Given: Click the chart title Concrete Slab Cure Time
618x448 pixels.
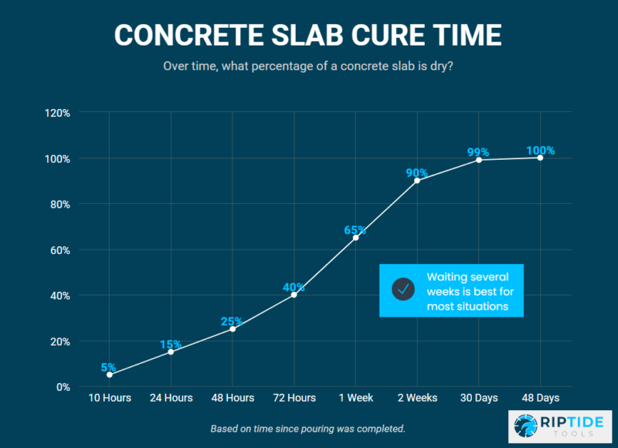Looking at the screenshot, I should click(309, 35).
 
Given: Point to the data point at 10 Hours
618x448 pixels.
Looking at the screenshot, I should click(109, 375).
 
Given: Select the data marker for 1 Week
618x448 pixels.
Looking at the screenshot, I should click(355, 238).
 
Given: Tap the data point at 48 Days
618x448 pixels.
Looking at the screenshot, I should click(540, 158).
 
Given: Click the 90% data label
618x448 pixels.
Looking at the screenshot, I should click(417, 172).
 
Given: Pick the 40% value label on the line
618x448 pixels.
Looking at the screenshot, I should click(294, 287).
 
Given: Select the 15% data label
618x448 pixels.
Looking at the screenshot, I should click(171, 344).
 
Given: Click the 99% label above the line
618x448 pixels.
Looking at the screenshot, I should click(479, 152).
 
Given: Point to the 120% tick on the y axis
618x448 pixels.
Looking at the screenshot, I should click(58, 113).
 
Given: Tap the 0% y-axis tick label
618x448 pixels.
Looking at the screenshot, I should click(63, 387).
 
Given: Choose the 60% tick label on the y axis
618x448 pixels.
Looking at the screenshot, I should click(59, 250).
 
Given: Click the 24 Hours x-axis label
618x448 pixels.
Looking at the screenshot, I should click(171, 398).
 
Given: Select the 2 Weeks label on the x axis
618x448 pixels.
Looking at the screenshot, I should click(417, 398).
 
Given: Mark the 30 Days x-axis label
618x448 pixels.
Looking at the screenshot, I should click(479, 398).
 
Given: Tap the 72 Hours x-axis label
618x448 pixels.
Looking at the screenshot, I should click(294, 398).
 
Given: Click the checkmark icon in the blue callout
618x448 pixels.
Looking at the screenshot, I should click(403, 290).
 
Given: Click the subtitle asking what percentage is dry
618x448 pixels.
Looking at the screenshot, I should click(308, 66).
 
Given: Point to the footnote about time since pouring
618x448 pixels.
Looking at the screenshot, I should click(308, 428).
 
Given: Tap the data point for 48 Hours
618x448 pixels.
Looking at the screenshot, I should click(233, 329).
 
